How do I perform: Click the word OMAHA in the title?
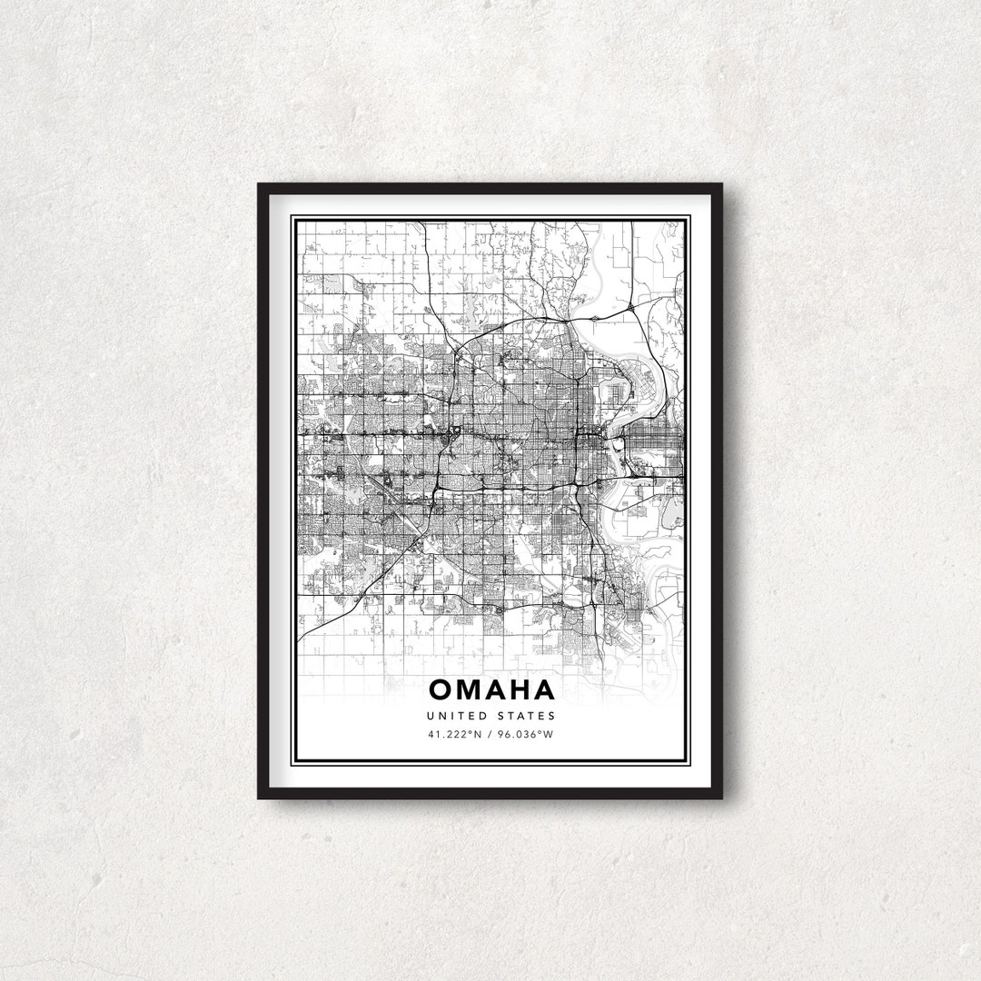click(491, 689)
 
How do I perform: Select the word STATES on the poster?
click(526, 717)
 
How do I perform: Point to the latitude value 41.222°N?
click(455, 734)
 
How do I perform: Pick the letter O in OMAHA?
click(441, 689)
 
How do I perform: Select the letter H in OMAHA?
click(517, 689)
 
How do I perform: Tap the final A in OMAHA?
click(542, 689)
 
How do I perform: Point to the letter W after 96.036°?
click(549, 734)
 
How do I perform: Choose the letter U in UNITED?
click(431, 717)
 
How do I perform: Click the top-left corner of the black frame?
click(260, 185)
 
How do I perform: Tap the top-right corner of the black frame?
click(721, 185)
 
